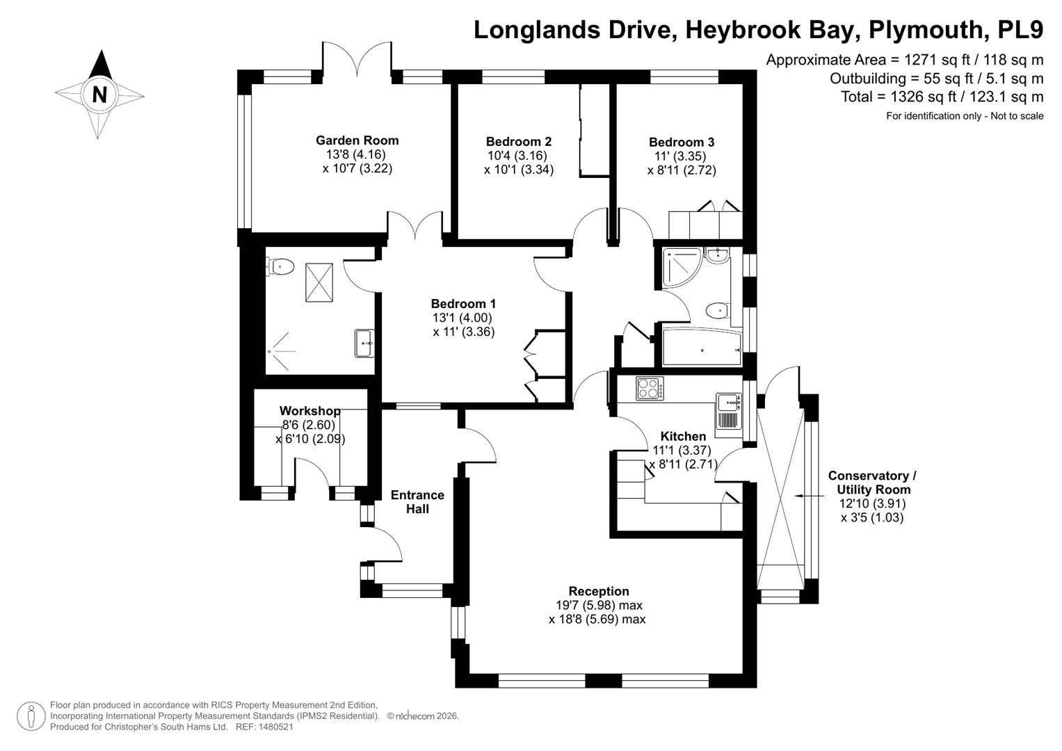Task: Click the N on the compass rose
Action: coord(99,95)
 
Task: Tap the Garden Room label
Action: coord(357,140)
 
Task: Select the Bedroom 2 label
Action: coord(519,141)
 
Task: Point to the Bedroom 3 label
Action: coord(682,143)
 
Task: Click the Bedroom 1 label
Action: coord(463,303)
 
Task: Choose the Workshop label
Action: coord(309,410)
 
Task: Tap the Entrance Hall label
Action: coord(417,502)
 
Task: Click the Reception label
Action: coord(599,591)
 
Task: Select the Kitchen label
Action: coord(683,436)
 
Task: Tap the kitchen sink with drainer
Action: coord(728,411)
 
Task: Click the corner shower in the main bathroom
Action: coord(681,268)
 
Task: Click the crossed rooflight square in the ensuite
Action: coord(319,282)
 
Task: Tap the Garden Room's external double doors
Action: coord(357,59)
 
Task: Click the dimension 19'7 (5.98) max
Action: coord(599,605)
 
